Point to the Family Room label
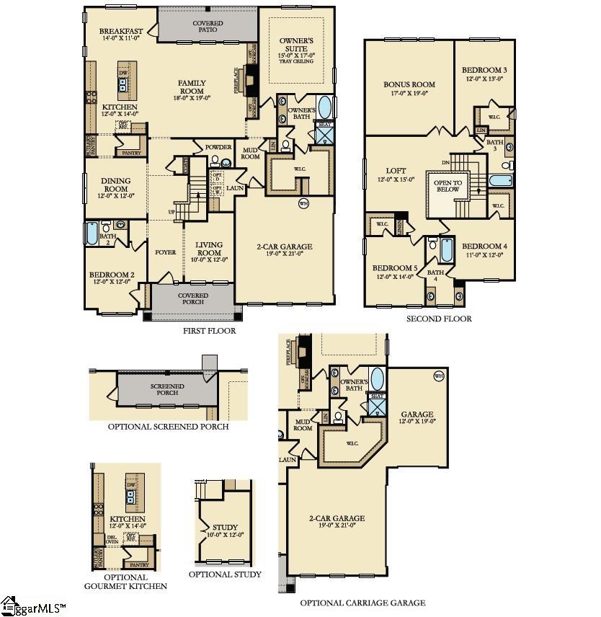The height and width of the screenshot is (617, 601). point(192,88)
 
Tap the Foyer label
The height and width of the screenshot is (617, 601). point(165,252)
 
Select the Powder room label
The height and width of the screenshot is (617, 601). point(218,147)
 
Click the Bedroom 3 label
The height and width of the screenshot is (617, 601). point(484,74)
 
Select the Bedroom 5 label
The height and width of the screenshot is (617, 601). point(396,272)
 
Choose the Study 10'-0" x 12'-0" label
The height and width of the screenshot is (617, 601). point(225,531)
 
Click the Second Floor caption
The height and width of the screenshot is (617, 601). point(439,319)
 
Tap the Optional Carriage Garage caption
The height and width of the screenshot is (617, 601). point(362,603)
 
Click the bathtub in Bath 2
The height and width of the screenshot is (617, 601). point(92,234)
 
